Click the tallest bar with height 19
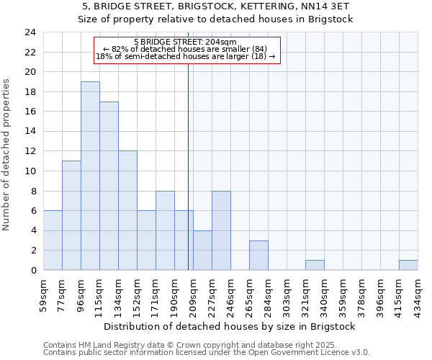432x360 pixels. (x=90, y=176)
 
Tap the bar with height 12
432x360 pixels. (x=127, y=210)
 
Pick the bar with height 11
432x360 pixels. (x=71, y=215)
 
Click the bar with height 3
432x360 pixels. (x=258, y=255)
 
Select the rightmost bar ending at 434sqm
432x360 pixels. (x=408, y=265)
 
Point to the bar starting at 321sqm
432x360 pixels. (x=315, y=265)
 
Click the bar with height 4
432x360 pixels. (x=202, y=250)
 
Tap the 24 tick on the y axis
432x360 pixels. (x=30, y=32)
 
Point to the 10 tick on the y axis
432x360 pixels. (x=30, y=171)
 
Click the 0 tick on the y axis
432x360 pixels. (x=33, y=270)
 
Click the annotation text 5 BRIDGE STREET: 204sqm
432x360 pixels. (x=186, y=42)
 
